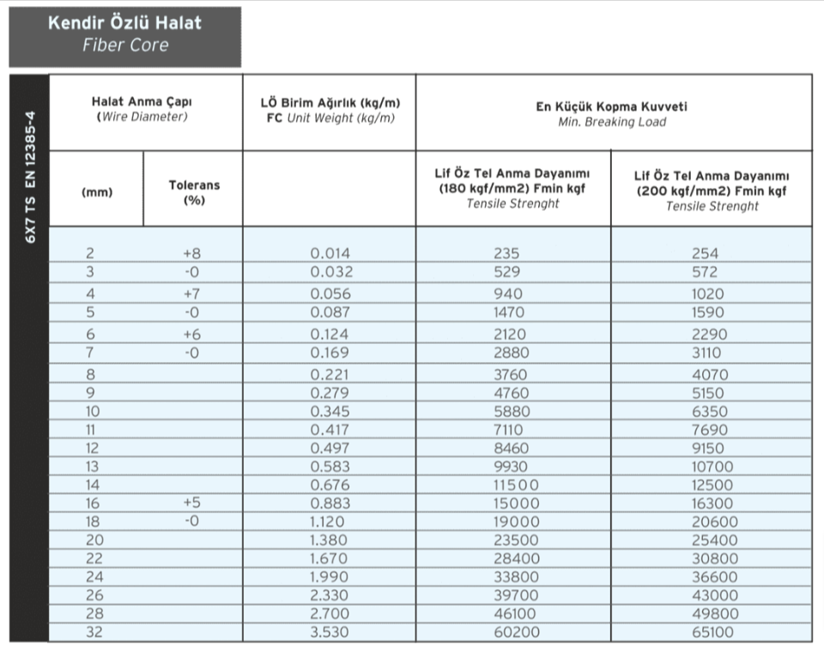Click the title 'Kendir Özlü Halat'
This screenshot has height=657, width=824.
[x=125, y=24]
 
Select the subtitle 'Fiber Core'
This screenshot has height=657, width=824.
[x=125, y=46]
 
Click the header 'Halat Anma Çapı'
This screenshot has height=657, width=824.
[x=142, y=102]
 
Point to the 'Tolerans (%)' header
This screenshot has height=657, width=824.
[x=194, y=191]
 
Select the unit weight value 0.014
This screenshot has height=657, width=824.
[x=330, y=254]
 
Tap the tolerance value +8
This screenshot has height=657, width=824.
[x=191, y=254]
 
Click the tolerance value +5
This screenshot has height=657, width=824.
[x=191, y=503]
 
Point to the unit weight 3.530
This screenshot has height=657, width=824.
[x=330, y=633]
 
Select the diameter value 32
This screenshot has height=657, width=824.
[x=93, y=633]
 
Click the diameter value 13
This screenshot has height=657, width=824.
[x=93, y=466]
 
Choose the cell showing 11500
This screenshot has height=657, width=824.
[x=513, y=485]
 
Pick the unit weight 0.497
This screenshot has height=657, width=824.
[x=330, y=447]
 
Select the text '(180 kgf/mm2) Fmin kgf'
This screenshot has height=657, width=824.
[x=512, y=189]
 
